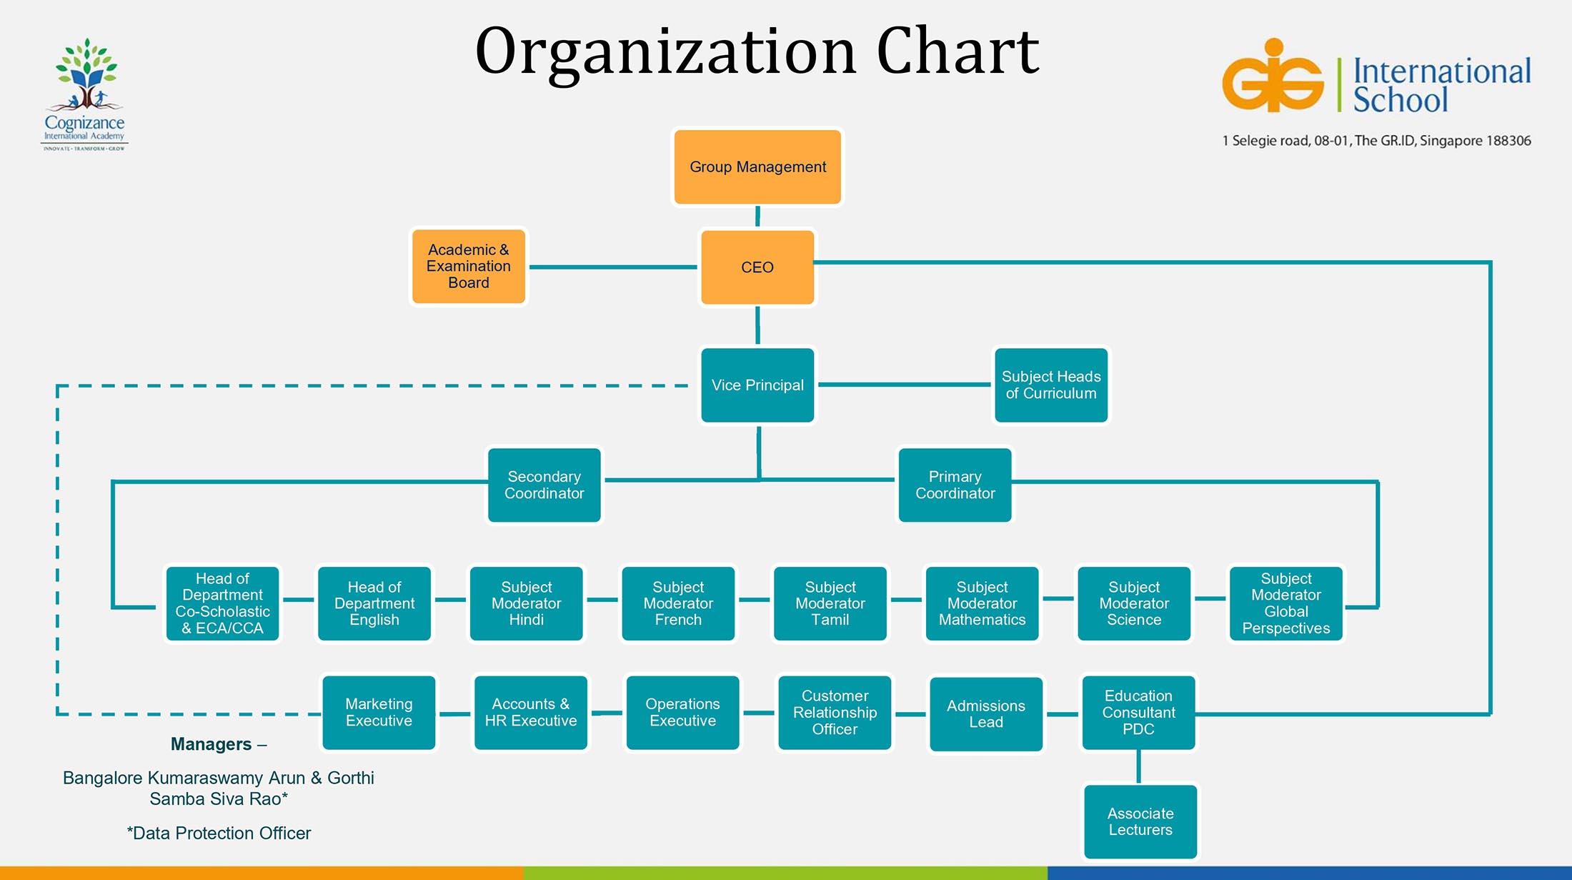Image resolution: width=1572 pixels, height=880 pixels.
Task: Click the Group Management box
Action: [x=757, y=167]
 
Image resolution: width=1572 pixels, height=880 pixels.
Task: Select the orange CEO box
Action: [x=757, y=267]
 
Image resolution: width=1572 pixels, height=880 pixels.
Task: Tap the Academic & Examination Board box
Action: [x=469, y=267]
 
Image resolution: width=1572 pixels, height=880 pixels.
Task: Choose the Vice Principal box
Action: [x=757, y=385]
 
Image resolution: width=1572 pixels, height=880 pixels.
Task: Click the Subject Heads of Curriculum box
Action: [x=1051, y=385]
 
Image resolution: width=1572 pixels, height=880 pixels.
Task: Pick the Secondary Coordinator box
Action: [x=544, y=485]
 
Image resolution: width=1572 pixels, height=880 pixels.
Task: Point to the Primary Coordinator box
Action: [x=955, y=485]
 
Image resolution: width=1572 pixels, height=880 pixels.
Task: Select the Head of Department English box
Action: [x=374, y=604]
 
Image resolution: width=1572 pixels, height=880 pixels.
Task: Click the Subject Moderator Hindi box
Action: [x=527, y=604]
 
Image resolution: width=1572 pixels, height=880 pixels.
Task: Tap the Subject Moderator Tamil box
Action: [x=830, y=604]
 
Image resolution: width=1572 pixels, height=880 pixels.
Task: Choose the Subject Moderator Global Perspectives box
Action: [x=1286, y=604]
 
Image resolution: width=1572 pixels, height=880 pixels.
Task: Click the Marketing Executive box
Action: [x=379, y=713]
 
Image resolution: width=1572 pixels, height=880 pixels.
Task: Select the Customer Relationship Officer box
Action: [x=835, y=713]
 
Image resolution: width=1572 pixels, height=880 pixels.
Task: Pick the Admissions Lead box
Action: [x=986, y=714]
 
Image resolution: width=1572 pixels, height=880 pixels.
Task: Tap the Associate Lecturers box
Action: [x=1140, y=822]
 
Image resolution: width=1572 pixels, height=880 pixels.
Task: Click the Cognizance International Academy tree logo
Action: [x=86, y=75]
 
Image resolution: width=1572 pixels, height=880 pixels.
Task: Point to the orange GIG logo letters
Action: [x=1273, y=77]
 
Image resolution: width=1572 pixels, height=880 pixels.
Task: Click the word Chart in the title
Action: [x=957, y=51]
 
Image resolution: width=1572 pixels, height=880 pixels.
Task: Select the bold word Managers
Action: [x=211, y=745]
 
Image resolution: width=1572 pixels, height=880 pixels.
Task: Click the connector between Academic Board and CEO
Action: [x=613, y=267]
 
